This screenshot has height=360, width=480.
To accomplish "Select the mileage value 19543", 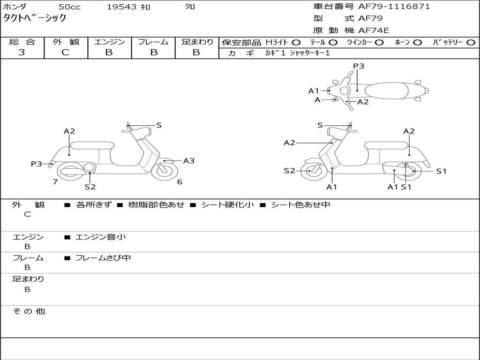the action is click(x=121, y=7).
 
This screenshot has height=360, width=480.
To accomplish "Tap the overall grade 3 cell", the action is click(x=22, y=52).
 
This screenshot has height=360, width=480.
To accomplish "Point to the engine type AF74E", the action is click(x=374, y=30).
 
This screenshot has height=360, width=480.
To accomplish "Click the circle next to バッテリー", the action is click(x=471, y=42).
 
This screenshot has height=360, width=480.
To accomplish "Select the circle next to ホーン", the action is click(x=417, y=42).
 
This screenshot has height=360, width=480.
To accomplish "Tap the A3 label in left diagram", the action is click(x=189, y=161).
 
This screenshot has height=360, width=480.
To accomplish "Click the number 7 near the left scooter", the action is click(x=55, y=182).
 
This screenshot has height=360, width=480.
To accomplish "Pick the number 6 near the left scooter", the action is click(x=180, y=182).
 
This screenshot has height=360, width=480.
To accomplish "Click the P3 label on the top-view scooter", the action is click(x=359, y=66).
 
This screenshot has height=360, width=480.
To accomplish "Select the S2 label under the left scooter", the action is click(x=90, y=187).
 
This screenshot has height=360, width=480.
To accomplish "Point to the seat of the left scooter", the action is click(x=92, y=145).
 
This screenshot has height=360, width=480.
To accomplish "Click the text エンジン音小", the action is click(x=101, y=237).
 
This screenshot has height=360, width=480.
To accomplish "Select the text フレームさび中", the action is click(x=103, y=258).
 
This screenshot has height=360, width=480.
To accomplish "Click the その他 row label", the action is click(x=29, y=311).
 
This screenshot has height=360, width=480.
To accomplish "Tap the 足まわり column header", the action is click(x=197, y=42).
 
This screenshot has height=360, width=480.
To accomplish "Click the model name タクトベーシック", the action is click(x=35, y=18).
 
